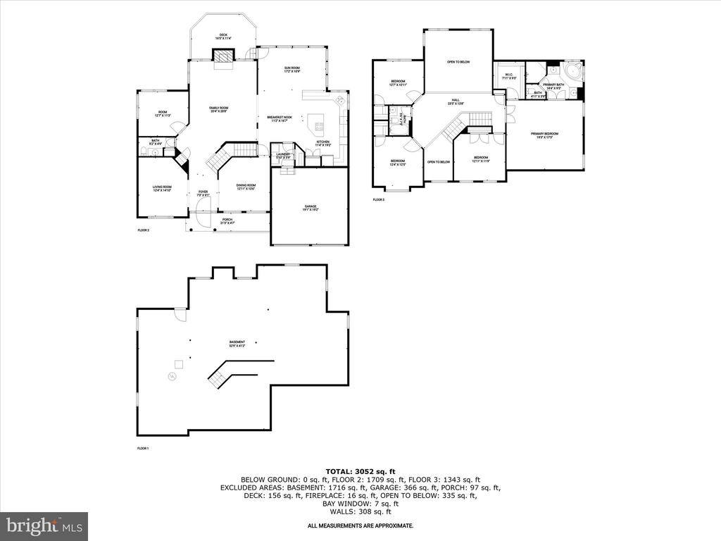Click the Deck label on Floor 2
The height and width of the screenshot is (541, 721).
click(x=223, y=35)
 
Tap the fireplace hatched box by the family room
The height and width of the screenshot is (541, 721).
click(x=223, y=56)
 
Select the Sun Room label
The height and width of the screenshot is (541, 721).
click(x=292, y=69)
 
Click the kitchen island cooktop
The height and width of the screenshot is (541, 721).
click(x=318, y=127)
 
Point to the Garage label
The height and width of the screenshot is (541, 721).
click(x=311, y=208)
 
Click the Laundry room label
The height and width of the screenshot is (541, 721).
click(x=283, y=156)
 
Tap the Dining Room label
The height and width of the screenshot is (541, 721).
click(x=246, y=187)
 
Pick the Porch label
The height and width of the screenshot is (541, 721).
click(x=227, y=220)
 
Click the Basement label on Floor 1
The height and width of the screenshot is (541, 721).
click(x=236, y=343)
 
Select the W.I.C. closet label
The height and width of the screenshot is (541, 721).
click(x=508, y=75)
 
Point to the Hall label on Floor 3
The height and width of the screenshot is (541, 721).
click(x=456, y=101)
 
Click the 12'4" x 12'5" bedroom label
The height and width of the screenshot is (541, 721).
click(x=398, y=163)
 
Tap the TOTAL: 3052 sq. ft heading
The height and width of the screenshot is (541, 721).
click(x=360, y=471)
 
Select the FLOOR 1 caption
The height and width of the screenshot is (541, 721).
click(x=143, y=448)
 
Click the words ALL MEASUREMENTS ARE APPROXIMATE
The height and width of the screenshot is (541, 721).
click(x=360, y=526)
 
